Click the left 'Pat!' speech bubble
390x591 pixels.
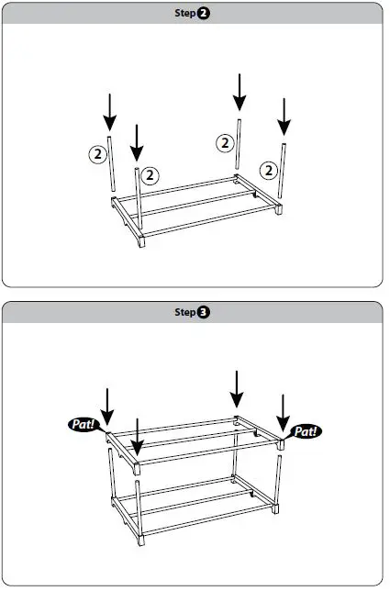(x=84, y=425)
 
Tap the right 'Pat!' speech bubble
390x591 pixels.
(x=306, y=430)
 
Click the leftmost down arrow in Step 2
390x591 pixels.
(x=110, y=111)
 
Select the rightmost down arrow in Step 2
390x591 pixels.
(x=284, y=116)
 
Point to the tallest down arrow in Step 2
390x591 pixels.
(x=239, y=92)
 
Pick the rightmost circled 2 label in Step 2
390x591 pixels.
(x=268, y=170)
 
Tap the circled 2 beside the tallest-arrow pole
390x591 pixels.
(x=224, y=142)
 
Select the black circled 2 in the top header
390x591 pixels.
(x=203, y=13)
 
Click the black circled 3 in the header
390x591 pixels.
(x=203, y=312)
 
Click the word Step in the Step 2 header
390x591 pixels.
(x=184, y=13)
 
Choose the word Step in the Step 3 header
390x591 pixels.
(x=184, y=312)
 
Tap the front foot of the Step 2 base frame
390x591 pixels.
(x=142, y=244)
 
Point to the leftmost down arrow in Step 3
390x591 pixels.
(x=108, y=406)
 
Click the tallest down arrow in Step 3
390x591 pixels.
(x=238, y=388)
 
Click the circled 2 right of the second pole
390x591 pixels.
(x=151, y=173)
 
